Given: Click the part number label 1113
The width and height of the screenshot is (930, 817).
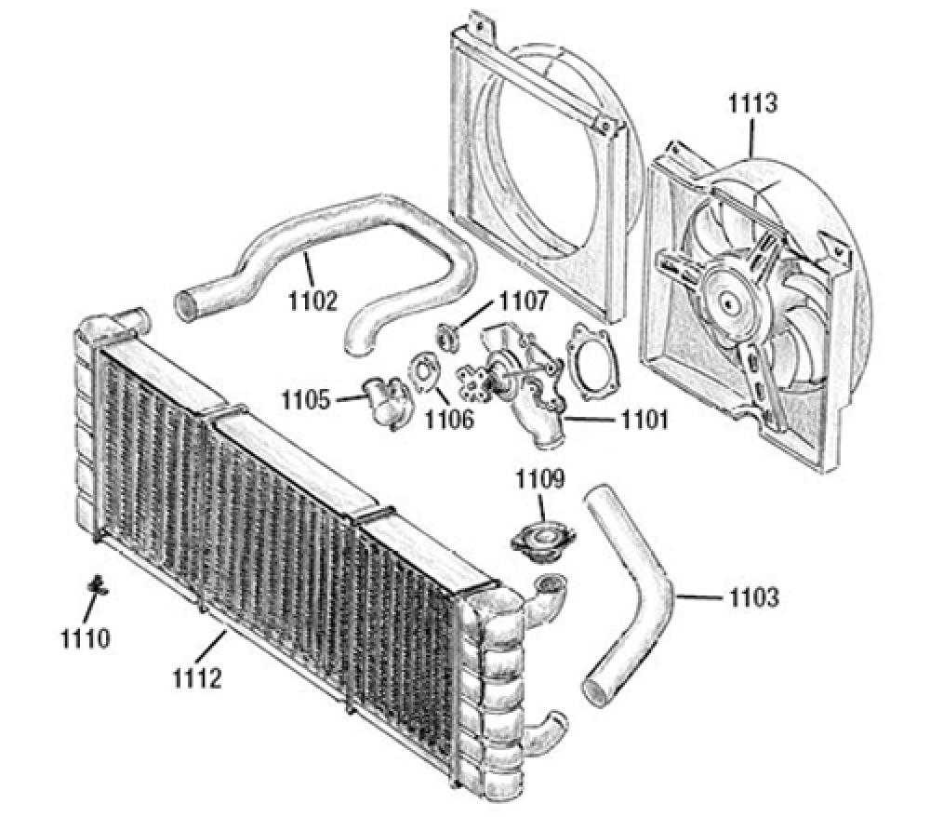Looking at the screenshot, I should [x=752, y=102].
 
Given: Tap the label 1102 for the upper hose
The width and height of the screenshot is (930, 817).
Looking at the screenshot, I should [x=312, y=301].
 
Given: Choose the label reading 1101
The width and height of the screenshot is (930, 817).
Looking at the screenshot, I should [x=643, y=421].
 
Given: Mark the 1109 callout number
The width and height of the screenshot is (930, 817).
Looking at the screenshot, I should [x=541, y=480].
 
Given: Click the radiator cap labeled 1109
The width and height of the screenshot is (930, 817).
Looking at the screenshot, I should [x=542, y=539].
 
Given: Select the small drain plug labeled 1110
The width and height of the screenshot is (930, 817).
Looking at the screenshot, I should [x=96, y=586].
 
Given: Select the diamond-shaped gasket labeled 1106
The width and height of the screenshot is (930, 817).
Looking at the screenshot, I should [x=425, y=371].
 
